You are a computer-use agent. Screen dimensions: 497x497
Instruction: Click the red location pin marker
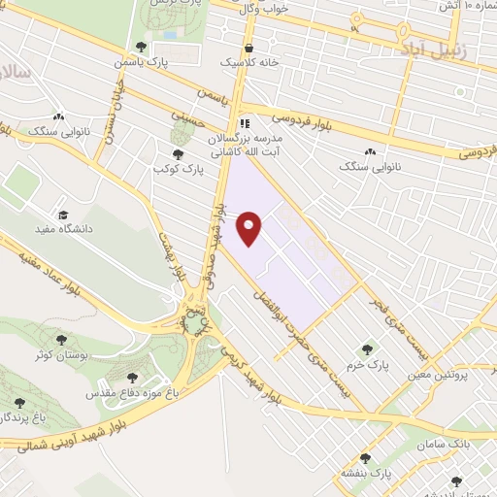(x=251, y=226)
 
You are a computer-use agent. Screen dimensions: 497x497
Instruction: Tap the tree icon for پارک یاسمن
(x=143, y=46)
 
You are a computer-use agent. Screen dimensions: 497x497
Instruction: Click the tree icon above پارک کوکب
(x=177, y=154)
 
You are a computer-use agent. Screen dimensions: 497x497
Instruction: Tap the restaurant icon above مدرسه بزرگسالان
(x=245, y=124)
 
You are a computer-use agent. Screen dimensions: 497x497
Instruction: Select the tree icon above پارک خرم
(x=367, y=349)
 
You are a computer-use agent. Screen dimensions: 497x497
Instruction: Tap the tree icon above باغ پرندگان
(x=18, y=402)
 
